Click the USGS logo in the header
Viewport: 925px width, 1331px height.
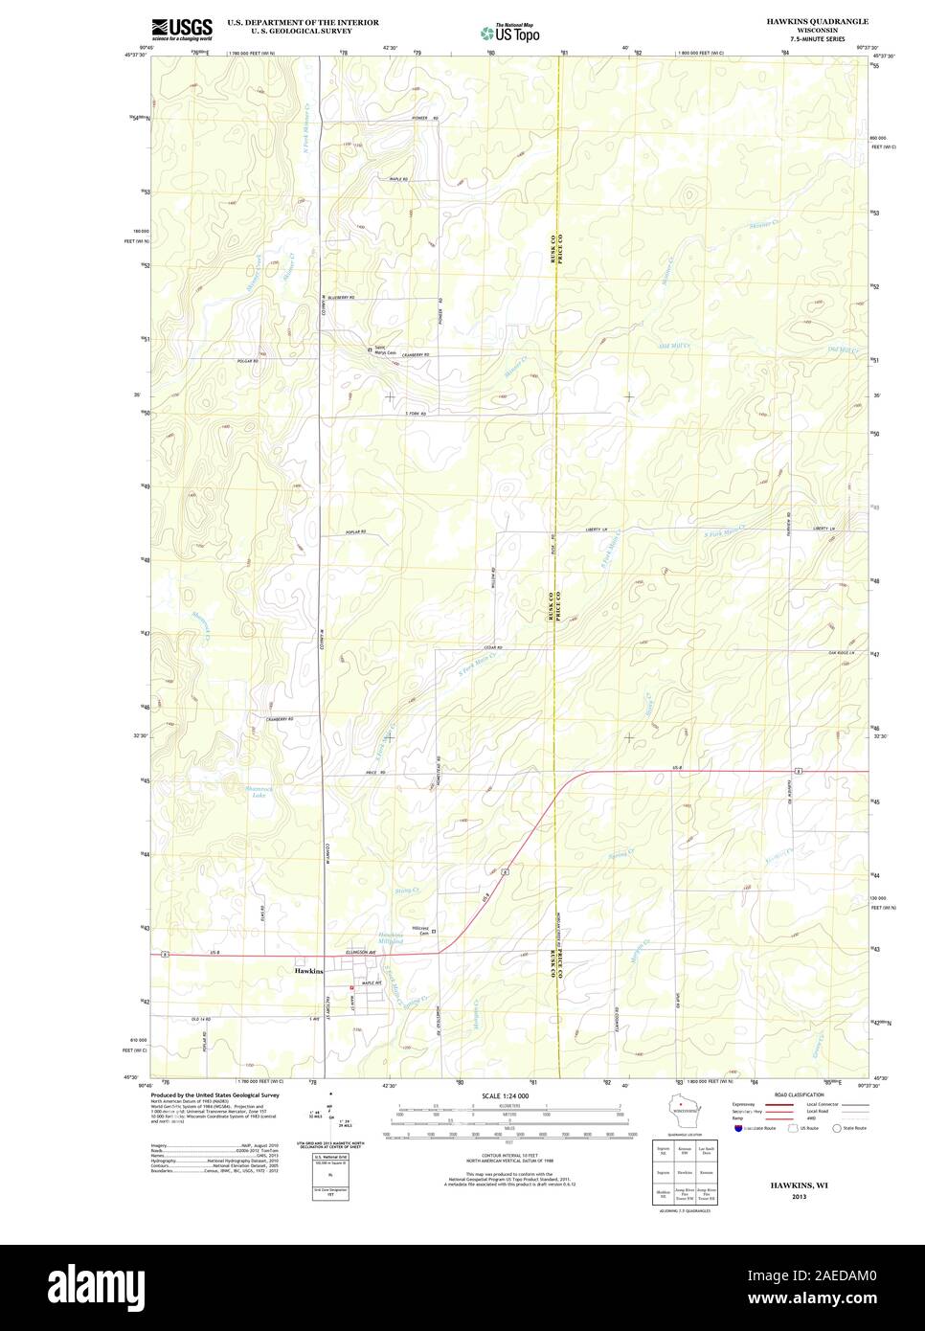[x=182, y=29]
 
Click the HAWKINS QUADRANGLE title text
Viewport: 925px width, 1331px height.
[x=817, y=21]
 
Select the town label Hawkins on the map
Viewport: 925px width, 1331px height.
[x=308, y=971]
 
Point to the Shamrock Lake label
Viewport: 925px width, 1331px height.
[x=233, y=791]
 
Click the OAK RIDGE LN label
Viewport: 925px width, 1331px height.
[x=841, y=653]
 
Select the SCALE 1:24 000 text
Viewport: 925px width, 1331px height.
[x=506, y=1095]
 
